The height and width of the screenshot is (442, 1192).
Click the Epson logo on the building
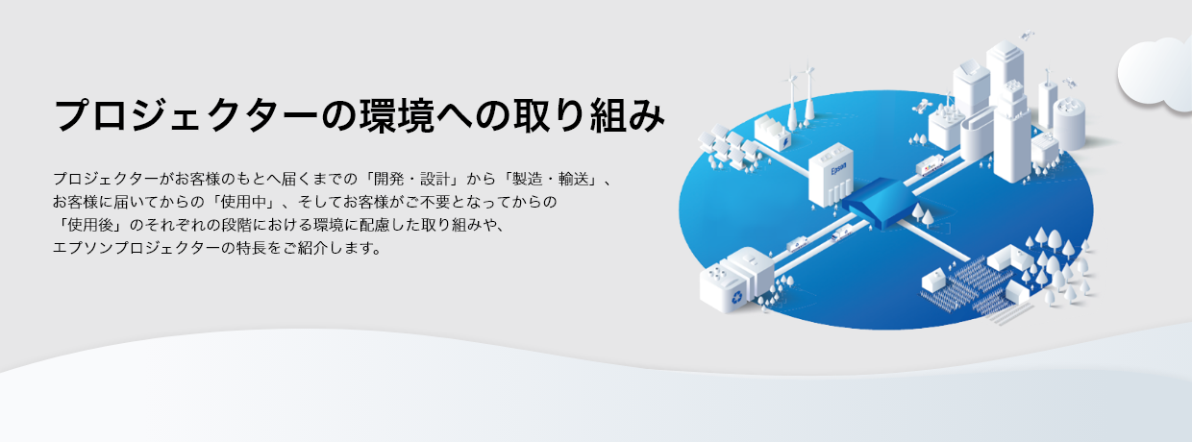[838, 170]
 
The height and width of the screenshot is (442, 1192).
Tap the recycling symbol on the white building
[737, 297]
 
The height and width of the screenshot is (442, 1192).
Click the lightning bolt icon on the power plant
[785, 141]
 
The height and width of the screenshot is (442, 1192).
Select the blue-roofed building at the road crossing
[882, 203]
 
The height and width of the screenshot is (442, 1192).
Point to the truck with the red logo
[931, 166]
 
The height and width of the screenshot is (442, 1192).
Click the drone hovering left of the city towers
[922, 106]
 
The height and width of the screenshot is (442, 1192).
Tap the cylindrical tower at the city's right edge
[1069, 123]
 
